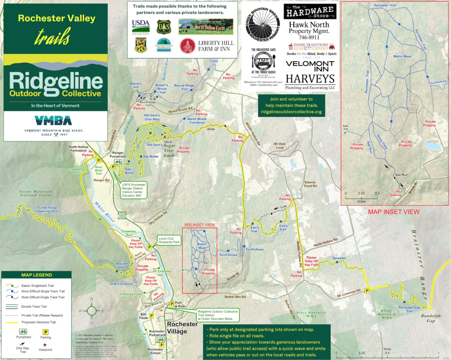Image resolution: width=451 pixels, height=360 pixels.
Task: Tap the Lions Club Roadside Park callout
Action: coord(169,241)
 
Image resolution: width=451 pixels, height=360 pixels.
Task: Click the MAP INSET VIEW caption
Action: coord(394,212)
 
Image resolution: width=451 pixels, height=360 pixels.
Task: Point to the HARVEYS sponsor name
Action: coord(310,78)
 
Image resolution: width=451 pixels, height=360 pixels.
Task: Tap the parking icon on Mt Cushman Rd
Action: coord(366,291)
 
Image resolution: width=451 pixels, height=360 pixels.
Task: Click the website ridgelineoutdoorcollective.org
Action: coord(291,112)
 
